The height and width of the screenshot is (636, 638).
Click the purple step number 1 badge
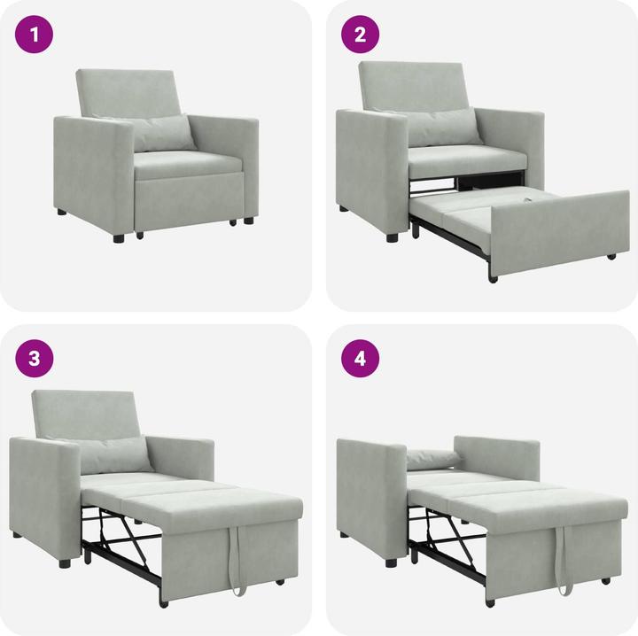35,35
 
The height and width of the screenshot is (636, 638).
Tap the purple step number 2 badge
361,35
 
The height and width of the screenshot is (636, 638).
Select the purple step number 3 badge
35,360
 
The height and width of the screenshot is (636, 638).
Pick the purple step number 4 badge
361,360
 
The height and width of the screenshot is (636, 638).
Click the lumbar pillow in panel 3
113,454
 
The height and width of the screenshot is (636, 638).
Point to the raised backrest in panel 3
87,415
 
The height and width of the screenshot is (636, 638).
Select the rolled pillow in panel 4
433,458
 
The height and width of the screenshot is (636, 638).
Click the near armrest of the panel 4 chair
370,496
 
